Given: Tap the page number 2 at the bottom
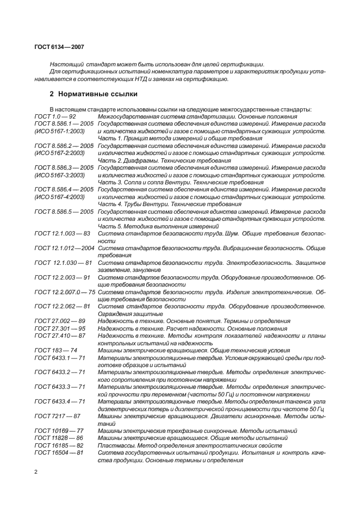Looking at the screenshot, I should click(x=36, y=471).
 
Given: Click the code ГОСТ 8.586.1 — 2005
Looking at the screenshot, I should click(x=64, y=124).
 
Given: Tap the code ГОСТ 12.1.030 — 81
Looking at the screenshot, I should click(x=60, y=262).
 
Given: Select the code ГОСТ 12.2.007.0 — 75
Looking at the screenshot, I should click(x=65, y=292).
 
